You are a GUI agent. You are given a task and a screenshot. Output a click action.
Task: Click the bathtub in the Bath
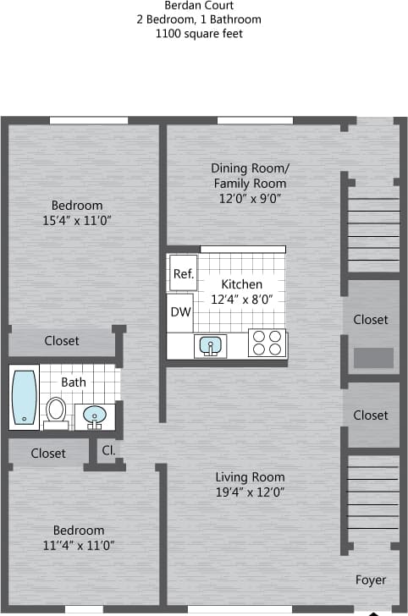25,397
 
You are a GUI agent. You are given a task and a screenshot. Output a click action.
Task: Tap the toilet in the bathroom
57,410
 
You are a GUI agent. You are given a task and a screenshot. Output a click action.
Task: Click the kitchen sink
209,344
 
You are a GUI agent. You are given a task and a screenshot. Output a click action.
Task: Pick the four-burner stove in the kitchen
267,343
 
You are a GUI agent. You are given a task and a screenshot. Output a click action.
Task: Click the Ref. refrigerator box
183,273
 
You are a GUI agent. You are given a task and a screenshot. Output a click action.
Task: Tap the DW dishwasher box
179,312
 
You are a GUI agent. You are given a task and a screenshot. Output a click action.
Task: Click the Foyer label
370,580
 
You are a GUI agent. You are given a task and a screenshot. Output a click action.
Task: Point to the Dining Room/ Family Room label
250,175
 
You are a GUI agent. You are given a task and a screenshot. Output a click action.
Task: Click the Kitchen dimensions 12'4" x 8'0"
241,300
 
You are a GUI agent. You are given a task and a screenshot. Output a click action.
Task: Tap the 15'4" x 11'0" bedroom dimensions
76,220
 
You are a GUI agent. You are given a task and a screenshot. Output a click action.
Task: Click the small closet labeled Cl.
108,450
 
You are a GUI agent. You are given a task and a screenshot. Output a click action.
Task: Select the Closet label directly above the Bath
62,341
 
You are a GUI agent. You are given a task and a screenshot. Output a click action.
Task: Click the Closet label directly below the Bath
48,454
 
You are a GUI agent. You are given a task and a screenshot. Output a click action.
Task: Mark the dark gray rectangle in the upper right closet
373,357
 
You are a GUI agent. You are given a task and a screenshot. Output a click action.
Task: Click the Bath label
74,382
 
